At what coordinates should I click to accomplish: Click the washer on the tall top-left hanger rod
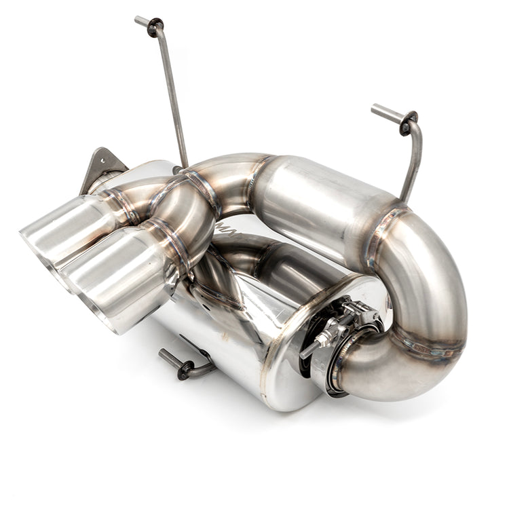pyautogui.click(x=155, y=28)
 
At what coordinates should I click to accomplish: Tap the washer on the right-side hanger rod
pyautogui.click(x=409, y=124)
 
